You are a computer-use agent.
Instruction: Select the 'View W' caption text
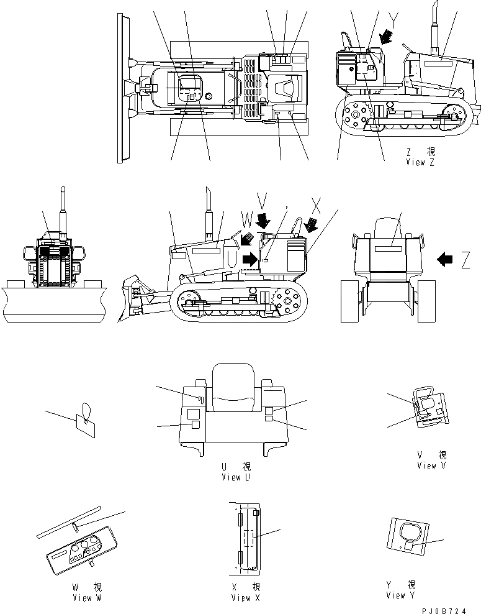[x=86, y=598]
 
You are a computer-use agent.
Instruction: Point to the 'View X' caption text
[x=245, y=598]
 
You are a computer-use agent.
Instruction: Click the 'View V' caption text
[x=431, y=465]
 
